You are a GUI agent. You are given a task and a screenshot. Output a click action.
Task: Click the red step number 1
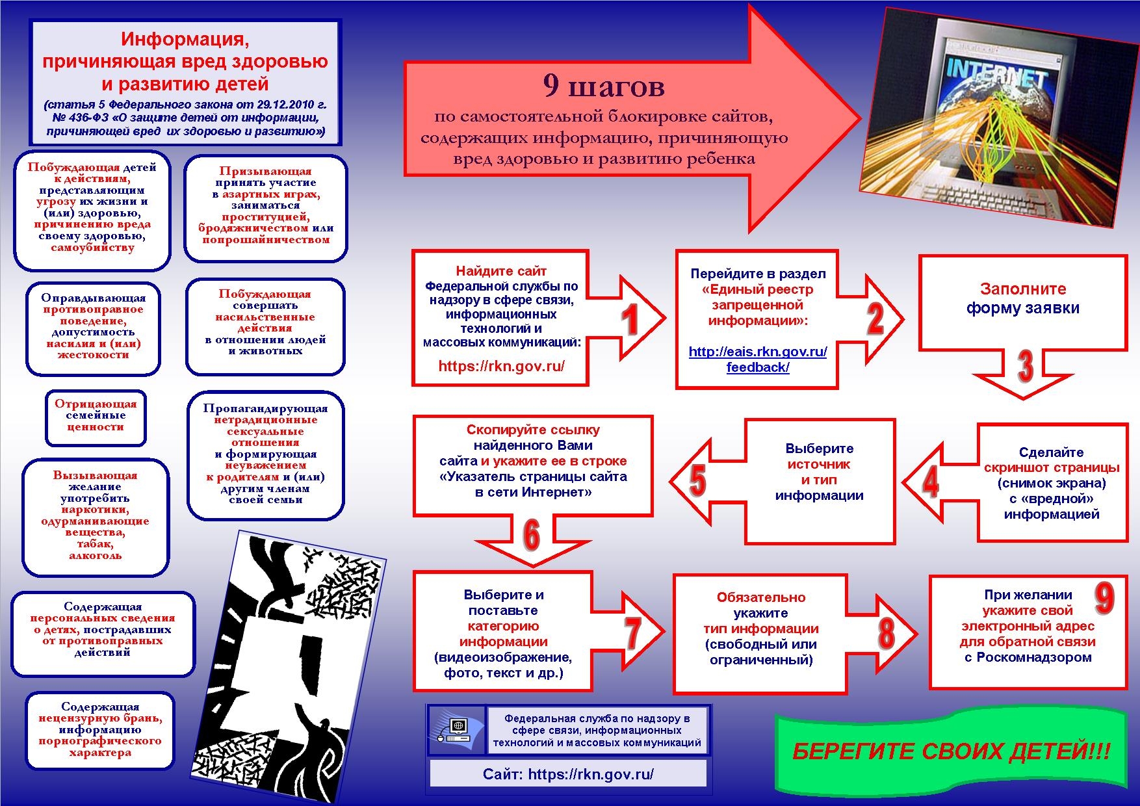point(629,321)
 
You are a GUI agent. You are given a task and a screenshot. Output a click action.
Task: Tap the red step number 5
point(697,482)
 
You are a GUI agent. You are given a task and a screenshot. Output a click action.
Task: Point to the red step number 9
point(1104,597)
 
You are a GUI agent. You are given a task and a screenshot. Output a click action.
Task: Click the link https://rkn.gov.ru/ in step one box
point(501,366)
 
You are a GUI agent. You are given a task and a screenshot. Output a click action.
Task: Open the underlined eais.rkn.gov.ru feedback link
point(758,359)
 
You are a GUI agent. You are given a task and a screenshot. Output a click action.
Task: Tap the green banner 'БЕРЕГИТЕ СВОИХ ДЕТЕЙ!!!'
point(952,752)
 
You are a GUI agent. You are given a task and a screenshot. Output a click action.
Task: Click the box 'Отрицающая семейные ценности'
point(96,416)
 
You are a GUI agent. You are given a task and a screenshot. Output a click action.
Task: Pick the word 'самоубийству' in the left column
point(92,248)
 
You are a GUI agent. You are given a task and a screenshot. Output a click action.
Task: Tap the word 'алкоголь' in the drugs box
point(95,556)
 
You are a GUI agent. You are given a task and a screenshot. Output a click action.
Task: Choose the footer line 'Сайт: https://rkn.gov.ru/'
point(568,774)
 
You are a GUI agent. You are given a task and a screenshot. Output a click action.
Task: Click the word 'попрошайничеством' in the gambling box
point(266,240)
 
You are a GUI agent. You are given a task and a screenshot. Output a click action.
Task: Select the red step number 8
point(886,632)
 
